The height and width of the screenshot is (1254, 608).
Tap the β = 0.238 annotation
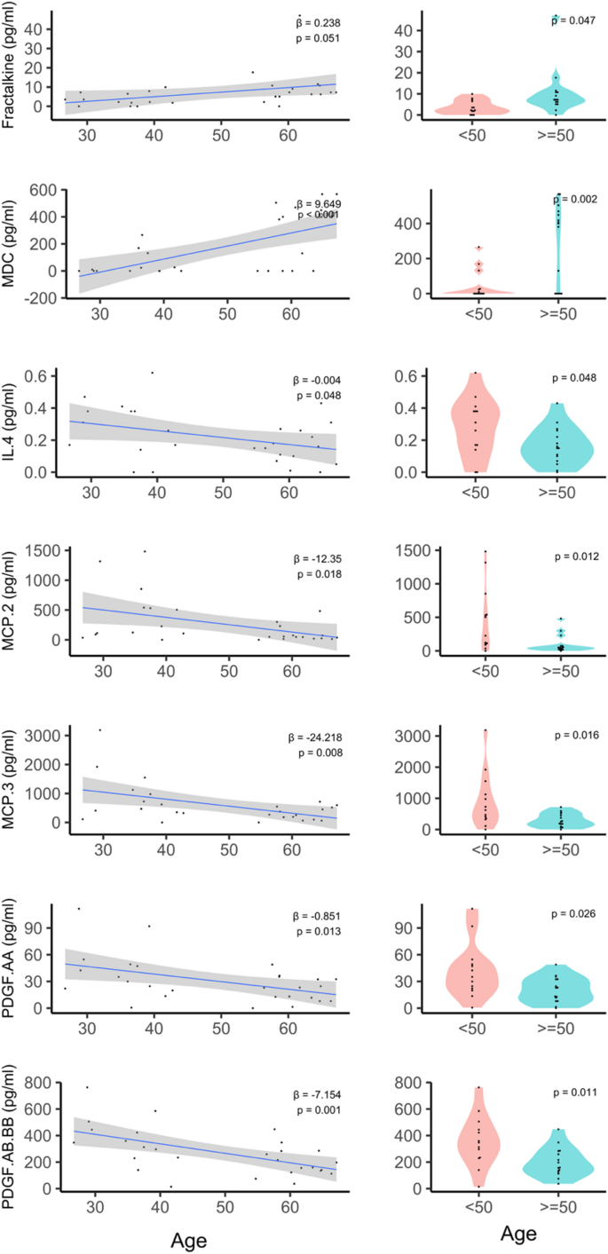click(x=319, y=22)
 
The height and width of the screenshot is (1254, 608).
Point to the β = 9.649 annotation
click(x=317, y=202)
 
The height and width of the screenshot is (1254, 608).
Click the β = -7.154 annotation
click(x=317, y=1095)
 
